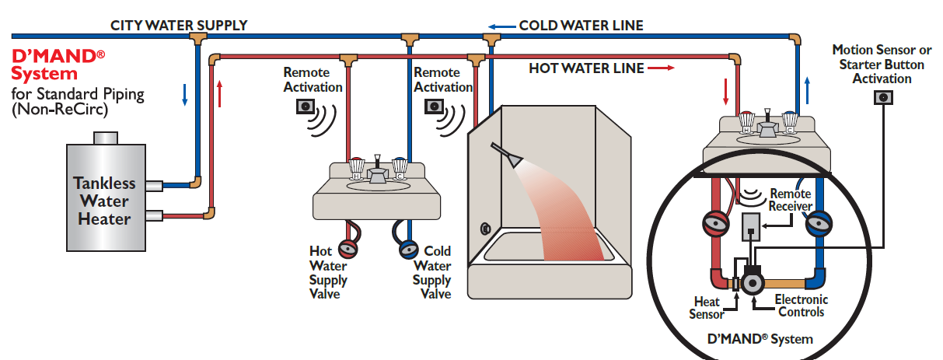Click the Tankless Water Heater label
click(x=104, y=201)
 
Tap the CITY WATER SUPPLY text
click(x=179, y=25)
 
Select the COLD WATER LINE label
click(x=581, y=26)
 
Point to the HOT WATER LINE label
click(x=586, y=68)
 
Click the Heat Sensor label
click(x=707, y=307)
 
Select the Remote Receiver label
click(x=790, y=200)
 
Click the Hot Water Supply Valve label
click(x=328, y=272)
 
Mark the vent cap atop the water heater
click(x=104, y=138)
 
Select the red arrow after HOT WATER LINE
click(x=659, y=68)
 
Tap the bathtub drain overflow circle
click(x=485, y=229)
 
